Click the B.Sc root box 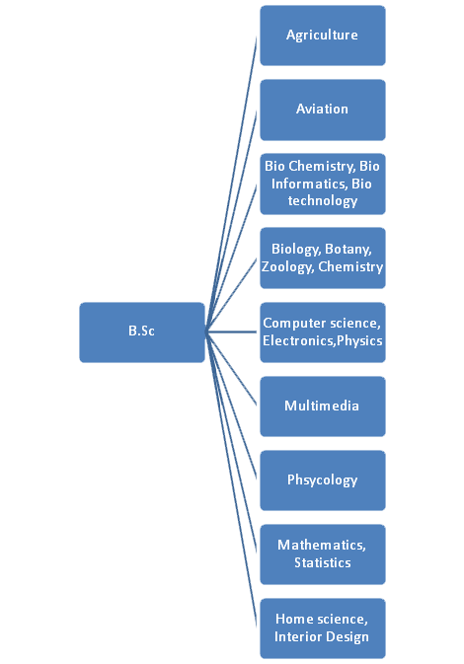142,332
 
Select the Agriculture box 323,36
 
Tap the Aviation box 323,110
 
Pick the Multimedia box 323,406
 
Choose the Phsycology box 323,480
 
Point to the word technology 323,201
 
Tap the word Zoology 288,267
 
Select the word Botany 348,249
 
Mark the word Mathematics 322,545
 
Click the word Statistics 323,562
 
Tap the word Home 294,620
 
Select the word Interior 295,637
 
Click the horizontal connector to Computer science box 231,332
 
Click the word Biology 296,250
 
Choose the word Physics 359,341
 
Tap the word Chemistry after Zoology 350,267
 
